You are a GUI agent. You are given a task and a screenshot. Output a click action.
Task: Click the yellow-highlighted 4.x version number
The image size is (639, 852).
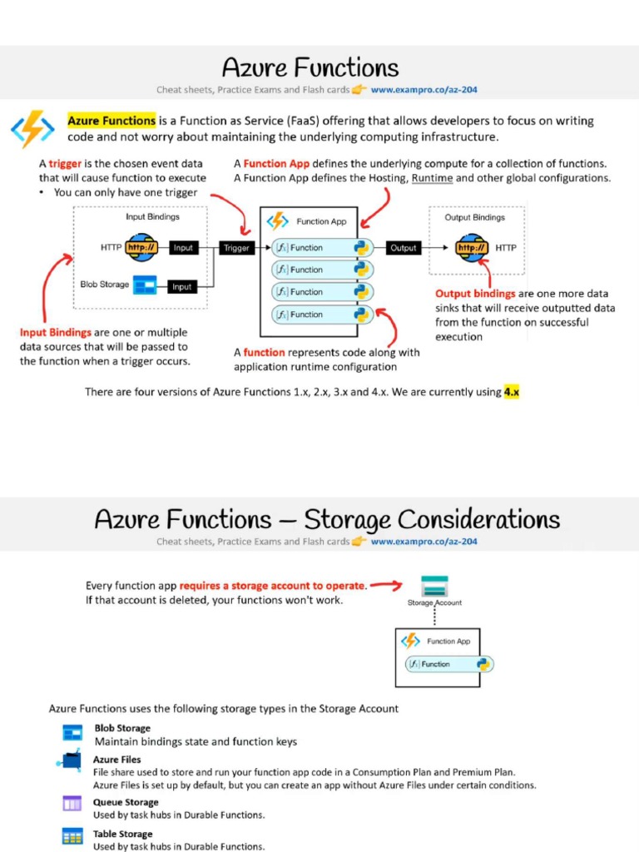(511, 392)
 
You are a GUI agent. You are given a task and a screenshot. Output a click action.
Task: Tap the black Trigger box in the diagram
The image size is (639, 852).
(236, 248)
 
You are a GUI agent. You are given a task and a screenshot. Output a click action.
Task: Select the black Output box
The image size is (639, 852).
(403, 248)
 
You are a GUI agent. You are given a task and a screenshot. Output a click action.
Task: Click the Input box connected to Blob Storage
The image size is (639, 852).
(181, 287)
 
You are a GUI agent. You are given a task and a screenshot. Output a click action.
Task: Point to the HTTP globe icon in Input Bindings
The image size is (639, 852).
(141, 247)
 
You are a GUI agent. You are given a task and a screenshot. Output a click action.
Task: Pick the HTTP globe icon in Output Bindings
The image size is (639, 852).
(472, 248)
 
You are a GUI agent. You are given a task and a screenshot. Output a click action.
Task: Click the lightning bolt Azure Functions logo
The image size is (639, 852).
(32, 129)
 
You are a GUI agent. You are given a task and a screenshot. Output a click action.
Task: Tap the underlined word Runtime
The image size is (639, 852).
(432, 178)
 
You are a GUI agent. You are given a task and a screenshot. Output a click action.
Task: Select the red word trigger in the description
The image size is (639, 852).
(65, 164)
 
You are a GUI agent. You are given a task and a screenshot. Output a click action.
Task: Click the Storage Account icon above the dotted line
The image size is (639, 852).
(433, 584)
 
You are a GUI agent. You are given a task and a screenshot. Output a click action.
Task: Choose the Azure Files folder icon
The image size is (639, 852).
(70, 760)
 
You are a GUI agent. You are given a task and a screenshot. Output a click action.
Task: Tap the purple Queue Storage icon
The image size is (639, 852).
(72, 804)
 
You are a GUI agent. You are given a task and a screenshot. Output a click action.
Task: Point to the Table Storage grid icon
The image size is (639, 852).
(72, 836)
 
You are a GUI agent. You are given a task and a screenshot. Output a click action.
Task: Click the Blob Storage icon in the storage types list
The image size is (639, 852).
(72, 732)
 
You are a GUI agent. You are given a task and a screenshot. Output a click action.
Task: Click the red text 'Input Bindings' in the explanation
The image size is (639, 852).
(55, 333)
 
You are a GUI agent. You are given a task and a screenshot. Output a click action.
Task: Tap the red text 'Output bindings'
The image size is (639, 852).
(474, 294)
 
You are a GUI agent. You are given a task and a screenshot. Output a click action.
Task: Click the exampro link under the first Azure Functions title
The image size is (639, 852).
(424, 90)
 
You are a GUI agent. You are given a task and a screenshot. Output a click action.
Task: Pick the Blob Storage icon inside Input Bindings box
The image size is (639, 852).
(145, 285)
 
